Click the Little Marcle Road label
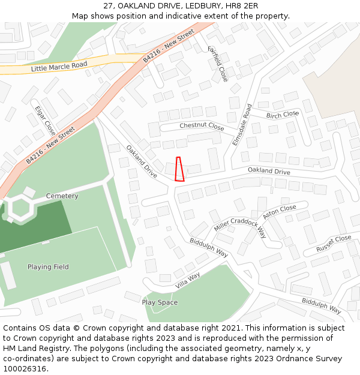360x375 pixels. point(59,67)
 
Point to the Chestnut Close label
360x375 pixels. point(202,127)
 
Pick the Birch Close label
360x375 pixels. point(283,115)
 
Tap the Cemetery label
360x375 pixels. point(62,196)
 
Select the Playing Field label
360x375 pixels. point(48,267)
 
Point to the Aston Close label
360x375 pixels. point(280,212)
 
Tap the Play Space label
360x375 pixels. point(160,302)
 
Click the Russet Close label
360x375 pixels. point(334,243)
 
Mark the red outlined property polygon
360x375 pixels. point(179,169)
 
